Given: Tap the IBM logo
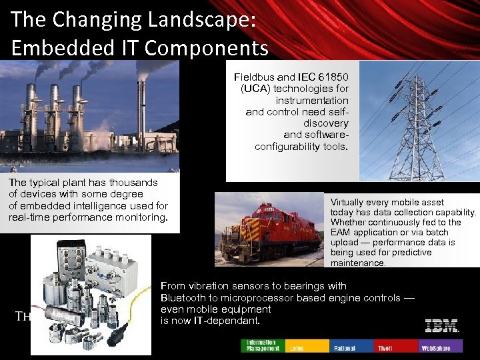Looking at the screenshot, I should point(441,326).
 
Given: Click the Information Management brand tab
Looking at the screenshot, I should point(262,345).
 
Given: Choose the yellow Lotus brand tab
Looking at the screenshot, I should point(307,345).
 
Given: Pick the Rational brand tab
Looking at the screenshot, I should point(351,345).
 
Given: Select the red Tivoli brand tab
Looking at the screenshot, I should point(396,345).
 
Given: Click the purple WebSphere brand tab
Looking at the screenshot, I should point(440,345).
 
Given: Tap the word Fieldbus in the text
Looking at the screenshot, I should point(256,77).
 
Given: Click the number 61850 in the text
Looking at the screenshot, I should point(332,77).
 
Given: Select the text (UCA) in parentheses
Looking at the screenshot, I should point(254,89).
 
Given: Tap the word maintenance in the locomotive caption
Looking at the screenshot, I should point(358,263).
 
